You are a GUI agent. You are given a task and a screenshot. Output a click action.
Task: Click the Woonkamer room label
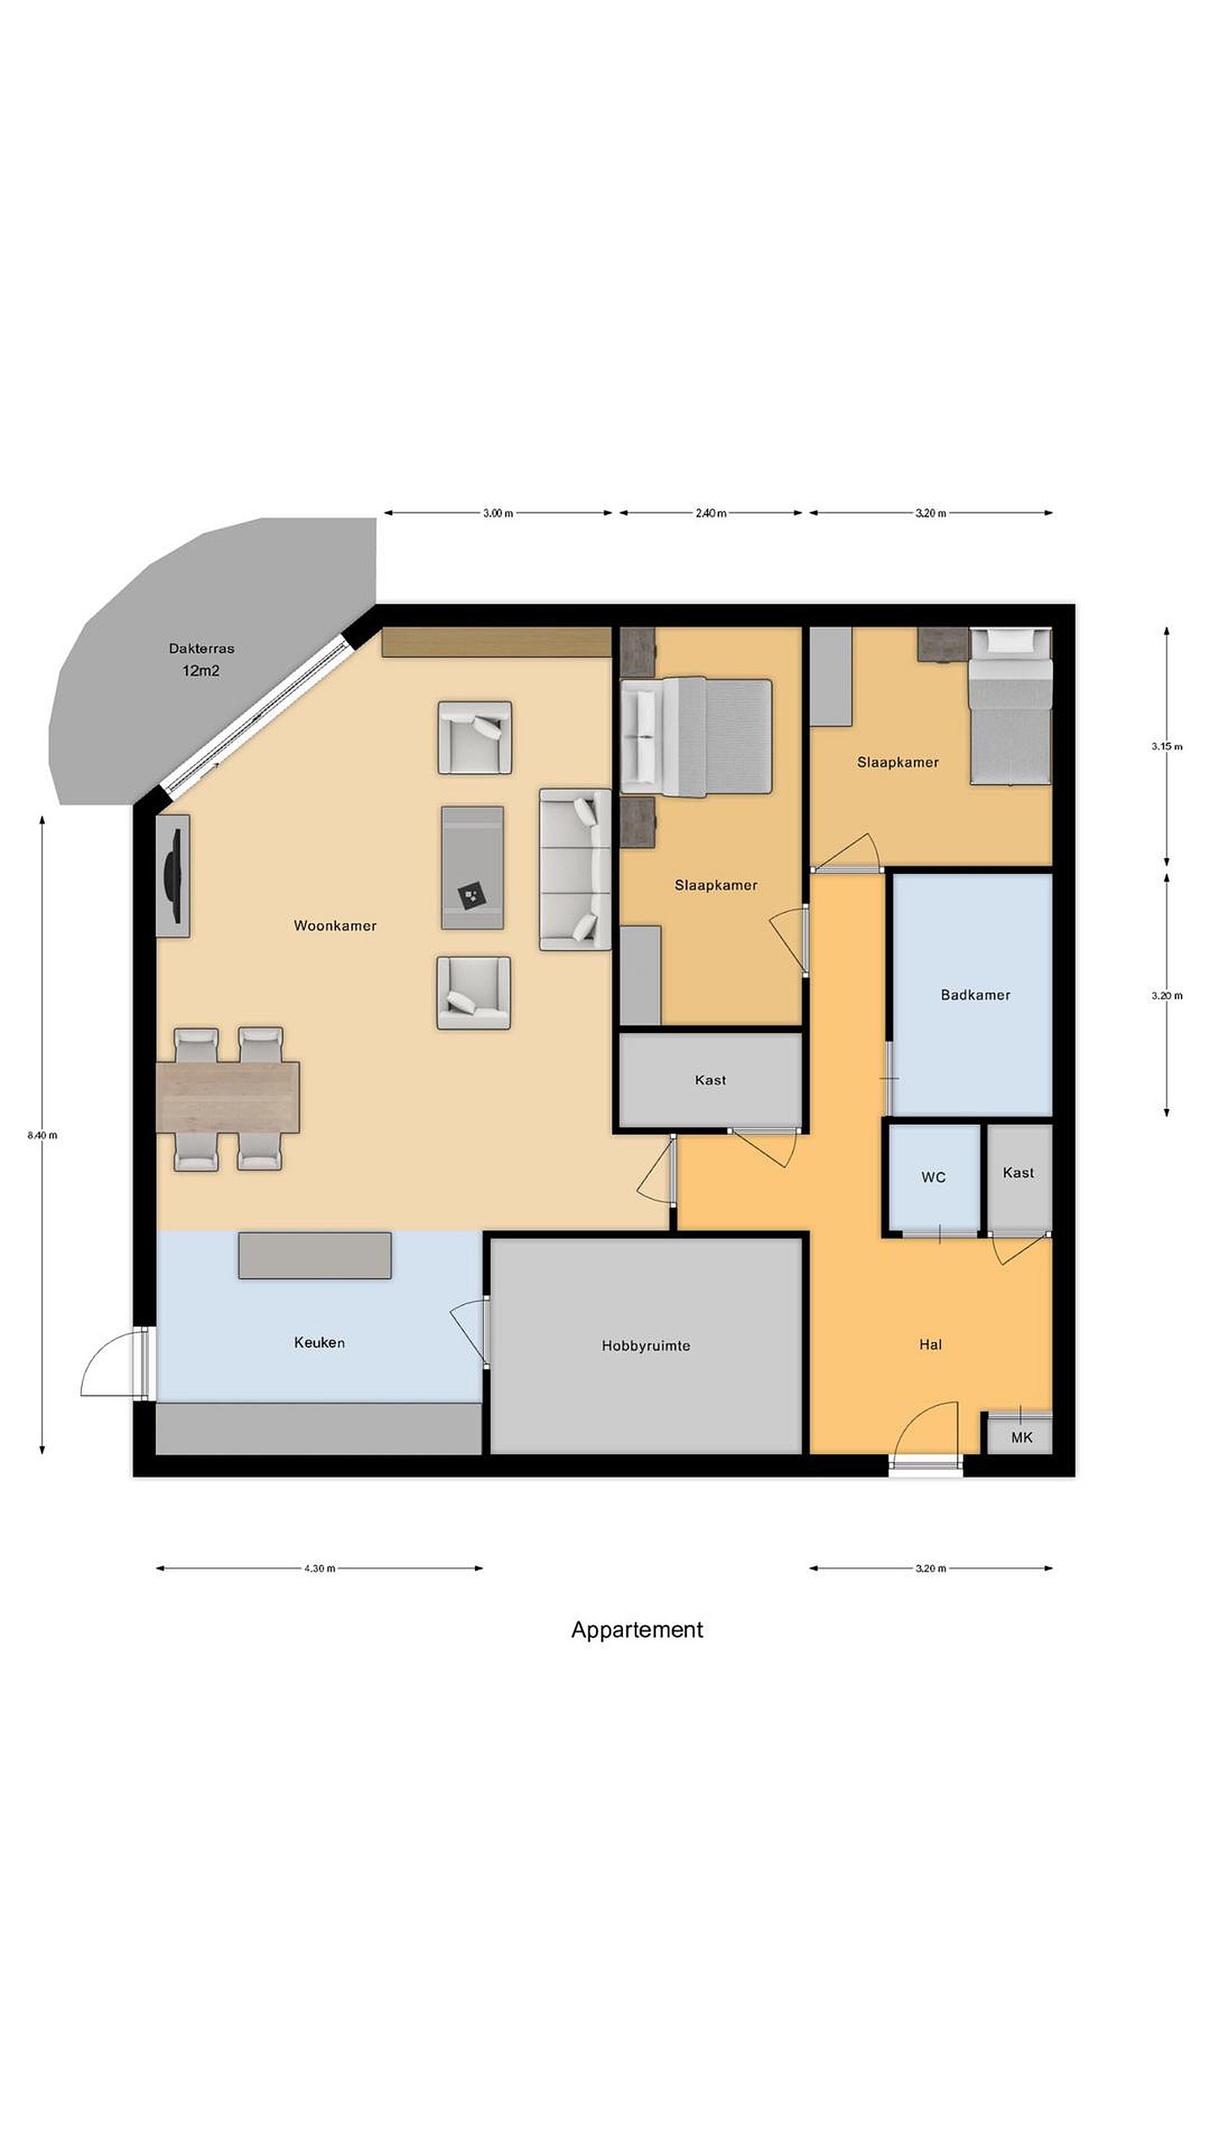tap(335, 925)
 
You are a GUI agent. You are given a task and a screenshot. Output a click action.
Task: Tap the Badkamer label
tap(975, 995)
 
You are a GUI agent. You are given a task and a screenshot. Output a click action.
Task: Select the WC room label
tap(934, 1177)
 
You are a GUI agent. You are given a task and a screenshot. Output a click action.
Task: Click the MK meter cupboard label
tap(1021, 1437)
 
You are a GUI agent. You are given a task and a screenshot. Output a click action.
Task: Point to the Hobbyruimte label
tap(645, 1346)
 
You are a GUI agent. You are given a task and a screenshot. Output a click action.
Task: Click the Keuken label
tap(319, 1343)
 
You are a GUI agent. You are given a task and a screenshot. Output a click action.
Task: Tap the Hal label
tap(930, 1344)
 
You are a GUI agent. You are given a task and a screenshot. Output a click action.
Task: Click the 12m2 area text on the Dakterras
tap(201, 671)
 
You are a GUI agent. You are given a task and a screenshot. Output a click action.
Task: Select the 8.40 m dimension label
tap(43, 1135)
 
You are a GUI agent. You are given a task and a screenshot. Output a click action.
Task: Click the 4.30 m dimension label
tap(320, 1568)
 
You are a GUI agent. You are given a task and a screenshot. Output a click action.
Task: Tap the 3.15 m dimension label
tap(1167, 747)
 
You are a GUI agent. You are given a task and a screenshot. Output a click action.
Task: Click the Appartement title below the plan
tap(637, 1630)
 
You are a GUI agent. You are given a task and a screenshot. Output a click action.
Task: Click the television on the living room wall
tap(173, 876)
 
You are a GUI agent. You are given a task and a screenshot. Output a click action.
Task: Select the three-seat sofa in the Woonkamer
tap(575, 869)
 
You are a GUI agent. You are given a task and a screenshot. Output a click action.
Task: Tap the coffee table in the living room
tap(473, 868)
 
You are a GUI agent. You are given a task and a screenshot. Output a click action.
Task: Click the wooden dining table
tap(228, 1097)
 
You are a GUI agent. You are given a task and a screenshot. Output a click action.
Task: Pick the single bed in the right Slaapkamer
tap(1011, 707)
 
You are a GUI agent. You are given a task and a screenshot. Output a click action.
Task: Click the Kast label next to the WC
tap(1018, 1173)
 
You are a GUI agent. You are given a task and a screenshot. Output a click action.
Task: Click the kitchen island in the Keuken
tap(314, 1255)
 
